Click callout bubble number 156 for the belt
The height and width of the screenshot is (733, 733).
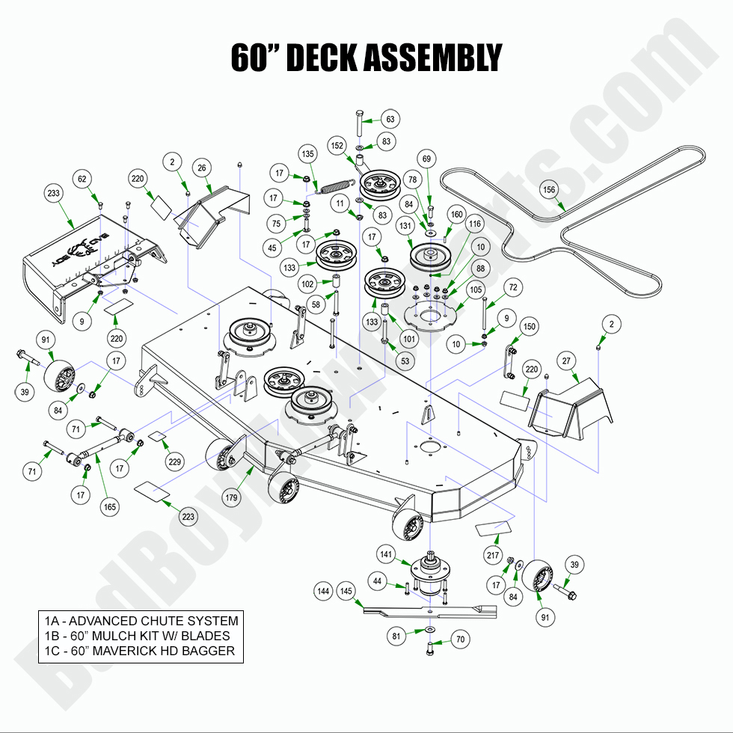point(549,189)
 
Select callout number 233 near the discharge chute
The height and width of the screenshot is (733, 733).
point(53,193)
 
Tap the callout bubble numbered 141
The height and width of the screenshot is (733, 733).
point(386,554)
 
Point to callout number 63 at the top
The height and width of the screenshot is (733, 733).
point(390,119)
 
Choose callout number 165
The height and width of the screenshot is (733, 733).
point(110,507)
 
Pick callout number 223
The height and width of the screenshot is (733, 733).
point(188,516)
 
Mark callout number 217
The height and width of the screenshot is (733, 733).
point(492,556)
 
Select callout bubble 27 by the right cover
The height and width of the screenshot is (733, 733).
point(567,361)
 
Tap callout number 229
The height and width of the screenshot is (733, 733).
point(174,462)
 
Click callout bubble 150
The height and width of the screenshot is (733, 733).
point(530,327)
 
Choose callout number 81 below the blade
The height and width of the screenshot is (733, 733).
point(397,637)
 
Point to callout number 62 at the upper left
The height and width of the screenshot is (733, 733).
point(82,179)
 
